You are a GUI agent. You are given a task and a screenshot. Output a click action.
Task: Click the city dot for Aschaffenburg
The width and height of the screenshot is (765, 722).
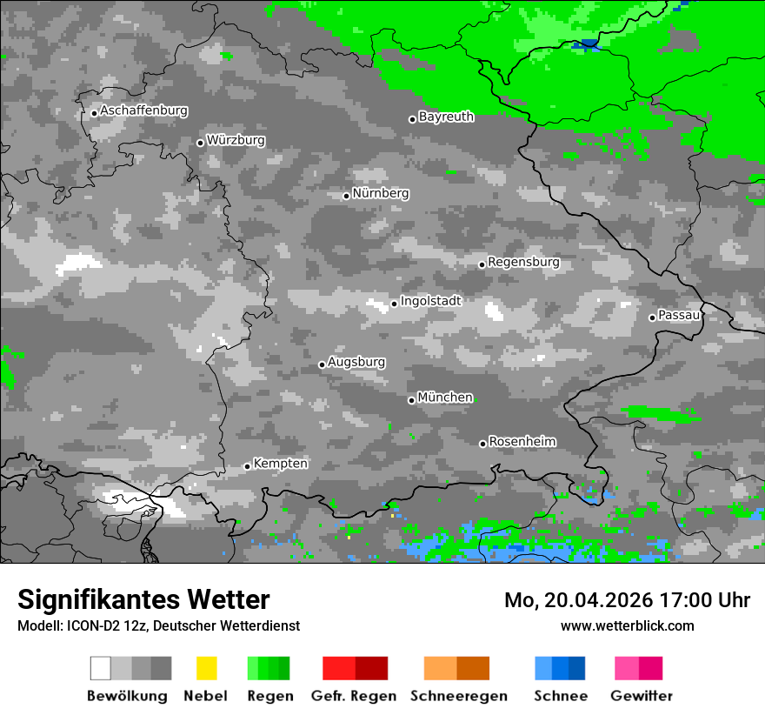[94, 113]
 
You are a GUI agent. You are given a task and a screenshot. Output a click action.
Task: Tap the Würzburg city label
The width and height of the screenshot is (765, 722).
[236, 140]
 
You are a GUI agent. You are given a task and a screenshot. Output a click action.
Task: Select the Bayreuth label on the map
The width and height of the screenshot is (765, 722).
[446, 117]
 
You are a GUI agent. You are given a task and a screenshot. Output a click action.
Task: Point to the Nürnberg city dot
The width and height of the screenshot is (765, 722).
[346, 196]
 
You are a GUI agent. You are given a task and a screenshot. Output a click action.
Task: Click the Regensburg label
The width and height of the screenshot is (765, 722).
[523, 262]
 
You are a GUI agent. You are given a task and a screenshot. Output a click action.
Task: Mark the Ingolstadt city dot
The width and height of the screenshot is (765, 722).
[394, 304]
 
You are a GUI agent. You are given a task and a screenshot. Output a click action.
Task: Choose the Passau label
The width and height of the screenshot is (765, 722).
[679, 315]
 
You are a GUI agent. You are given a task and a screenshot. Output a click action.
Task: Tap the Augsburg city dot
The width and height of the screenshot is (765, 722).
[322, 364]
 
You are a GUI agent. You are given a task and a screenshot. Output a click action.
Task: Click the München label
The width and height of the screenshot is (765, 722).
[445, 398]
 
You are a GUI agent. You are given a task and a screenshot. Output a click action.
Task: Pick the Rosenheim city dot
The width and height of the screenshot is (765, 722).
[482, 444]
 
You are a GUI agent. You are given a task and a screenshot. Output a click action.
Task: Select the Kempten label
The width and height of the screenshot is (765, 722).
[280, 464]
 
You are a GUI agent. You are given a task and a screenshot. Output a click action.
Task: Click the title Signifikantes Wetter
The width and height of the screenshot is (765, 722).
[143, 599]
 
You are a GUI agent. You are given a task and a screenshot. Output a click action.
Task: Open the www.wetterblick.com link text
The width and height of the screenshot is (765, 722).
[627, 625]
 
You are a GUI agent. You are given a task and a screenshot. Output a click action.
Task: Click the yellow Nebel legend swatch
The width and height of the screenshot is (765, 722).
[206, 668]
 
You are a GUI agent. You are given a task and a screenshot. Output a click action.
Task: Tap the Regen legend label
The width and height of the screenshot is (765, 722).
[269, 696]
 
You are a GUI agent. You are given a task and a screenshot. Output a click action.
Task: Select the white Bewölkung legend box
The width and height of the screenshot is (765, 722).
[101, 668]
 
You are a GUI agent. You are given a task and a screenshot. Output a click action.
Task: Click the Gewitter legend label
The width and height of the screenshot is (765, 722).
[642, 696]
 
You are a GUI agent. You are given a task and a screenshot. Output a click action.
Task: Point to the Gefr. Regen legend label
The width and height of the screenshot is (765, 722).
[354, 696]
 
